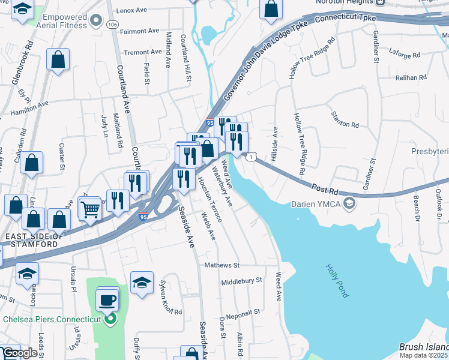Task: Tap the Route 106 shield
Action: (112, 25)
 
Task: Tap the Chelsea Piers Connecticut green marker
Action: (110, 319)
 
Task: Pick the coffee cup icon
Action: (107, 299)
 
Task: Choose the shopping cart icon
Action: (90, 210)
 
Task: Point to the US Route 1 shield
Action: (249, 156)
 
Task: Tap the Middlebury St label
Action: (242, 280)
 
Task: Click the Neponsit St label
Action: (243, 312)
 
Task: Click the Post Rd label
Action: (324, 189)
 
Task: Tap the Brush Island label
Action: (423, 347)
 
